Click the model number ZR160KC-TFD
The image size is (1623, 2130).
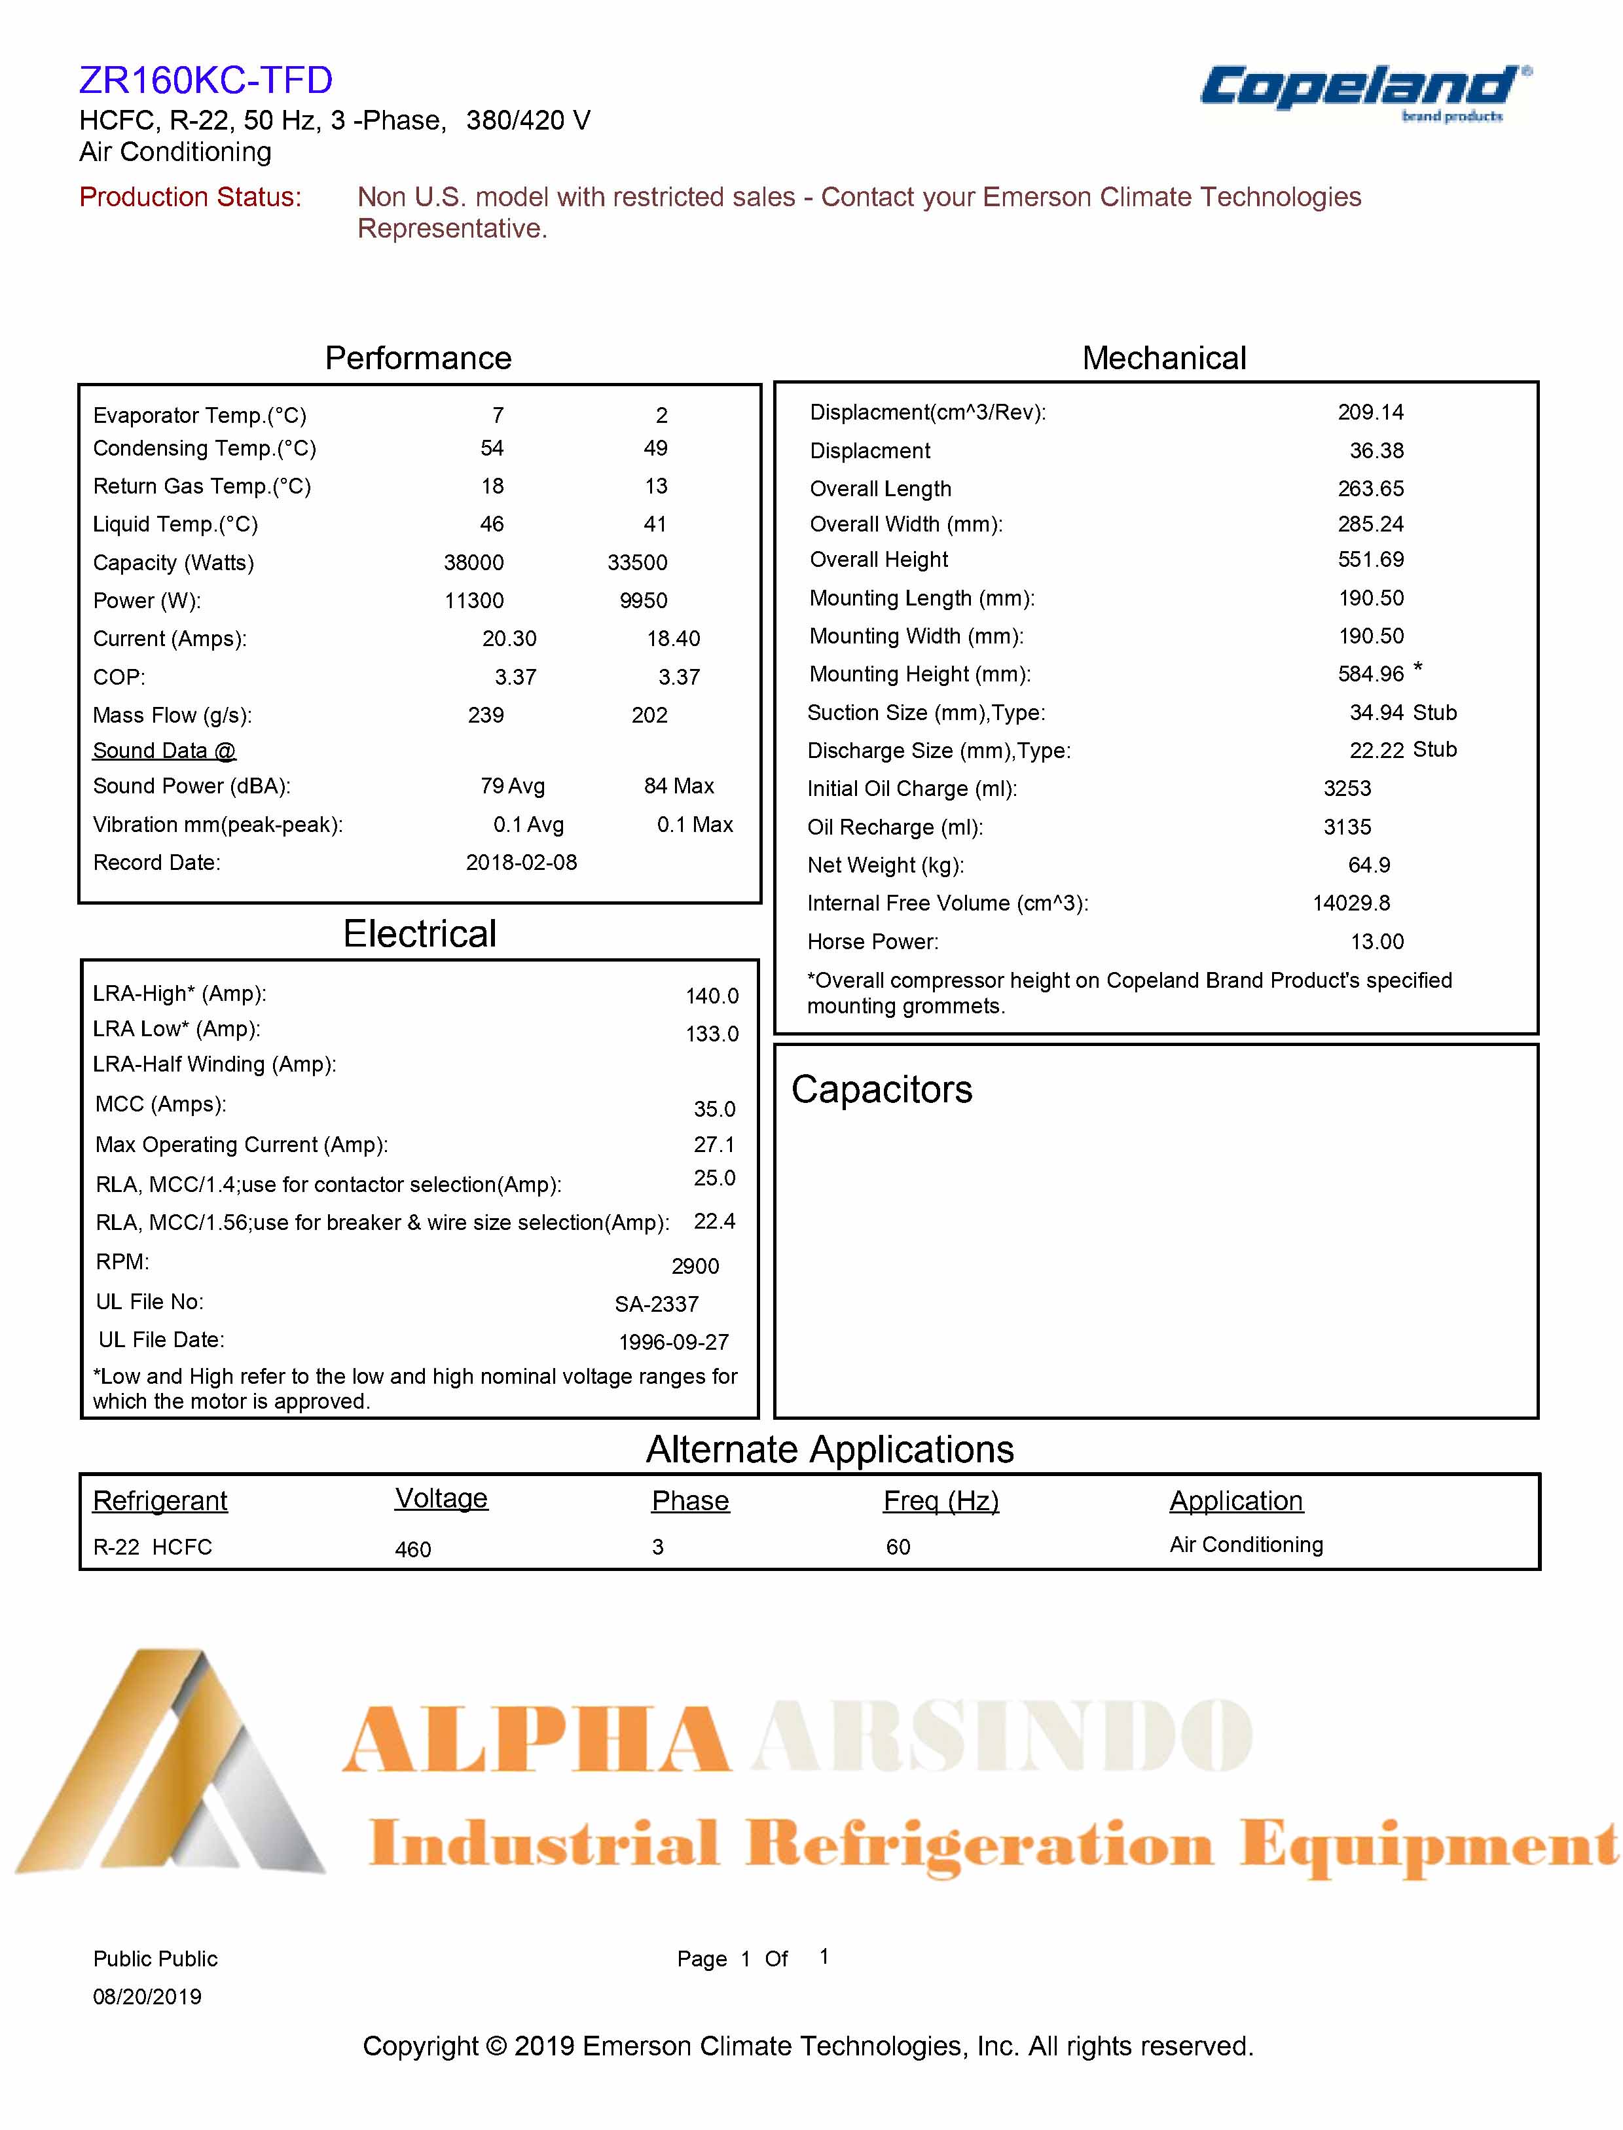tap(206, 80)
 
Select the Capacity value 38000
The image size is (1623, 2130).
tap(473, 562)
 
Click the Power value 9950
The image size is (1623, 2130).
tap(644, 601)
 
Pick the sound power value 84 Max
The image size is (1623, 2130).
tap(678, 786)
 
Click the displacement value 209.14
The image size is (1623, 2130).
tap(1370, 412)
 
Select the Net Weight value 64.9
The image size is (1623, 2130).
tap(1369, 865)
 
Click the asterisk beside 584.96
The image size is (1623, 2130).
tap(1417, 668)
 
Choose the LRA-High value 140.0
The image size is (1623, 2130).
tap(712, 996)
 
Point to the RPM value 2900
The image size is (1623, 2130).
tap(695, 1267)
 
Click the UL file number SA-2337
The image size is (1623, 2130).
tap(656, 1304)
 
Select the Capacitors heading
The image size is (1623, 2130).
tap(881, 1090)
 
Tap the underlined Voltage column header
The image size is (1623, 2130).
tap(441, 1498)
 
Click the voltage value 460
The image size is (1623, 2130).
tap(412, 1549)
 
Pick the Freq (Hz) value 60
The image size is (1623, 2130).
tap(898, 1547)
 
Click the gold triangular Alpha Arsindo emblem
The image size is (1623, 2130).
tap(174, 1768)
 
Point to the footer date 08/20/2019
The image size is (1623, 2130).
tap(147, 1996)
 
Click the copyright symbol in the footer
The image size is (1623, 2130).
tap(496, 2046)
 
